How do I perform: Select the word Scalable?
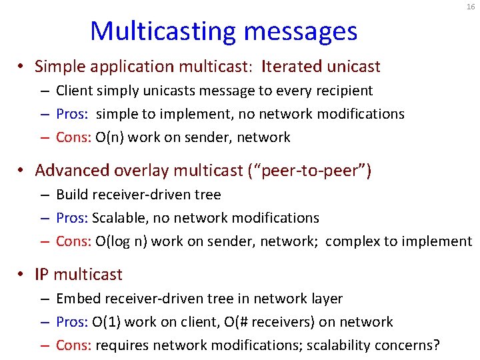117,218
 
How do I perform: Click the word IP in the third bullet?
43,274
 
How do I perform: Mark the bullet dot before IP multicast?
22,275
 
